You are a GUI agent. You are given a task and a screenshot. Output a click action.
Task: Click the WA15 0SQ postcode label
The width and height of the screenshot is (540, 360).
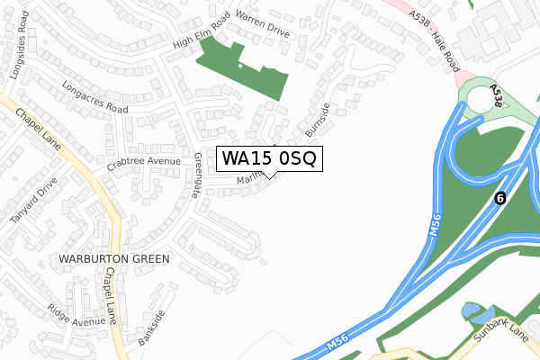tap(268, 159)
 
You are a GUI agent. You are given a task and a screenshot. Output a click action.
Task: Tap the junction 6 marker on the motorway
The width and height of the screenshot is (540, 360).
tap(500, 198)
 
